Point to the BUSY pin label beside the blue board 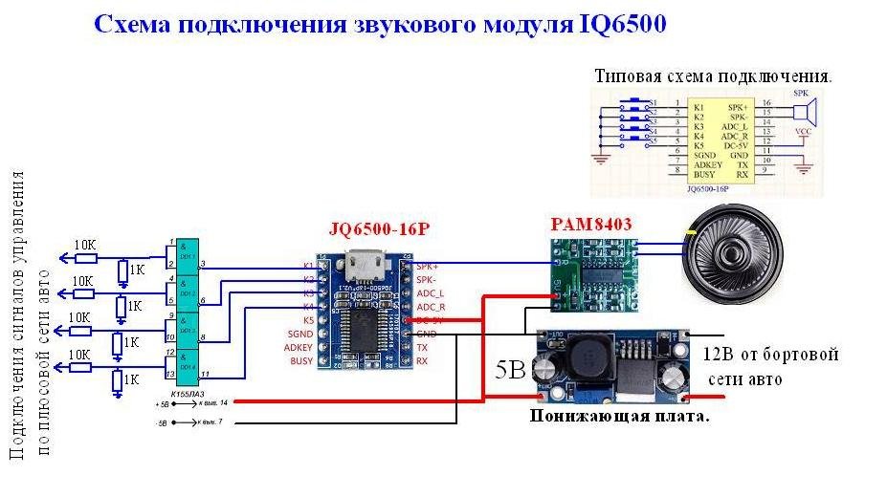301,362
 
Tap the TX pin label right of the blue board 422,348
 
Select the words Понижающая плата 619,418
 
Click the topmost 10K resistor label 85,245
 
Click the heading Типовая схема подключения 713,76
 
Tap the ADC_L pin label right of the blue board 432,292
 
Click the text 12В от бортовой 772,356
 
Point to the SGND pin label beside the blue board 299,334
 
